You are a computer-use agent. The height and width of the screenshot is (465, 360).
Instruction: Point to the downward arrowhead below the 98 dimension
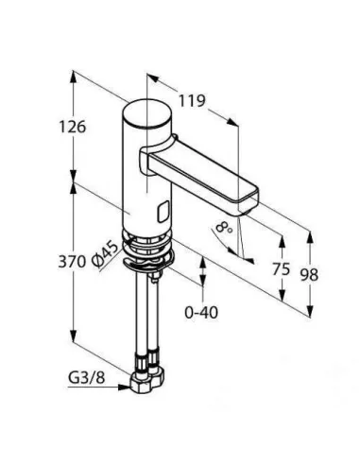[310, 312]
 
